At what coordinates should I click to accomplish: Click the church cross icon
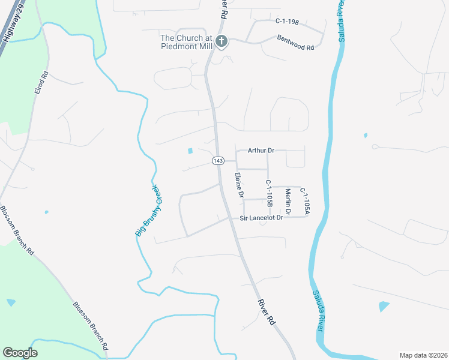point(221,41)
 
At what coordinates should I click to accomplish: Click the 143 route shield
point(218,161)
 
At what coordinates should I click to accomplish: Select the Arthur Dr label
point(261,151)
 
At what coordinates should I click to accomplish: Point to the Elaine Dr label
point(239,185)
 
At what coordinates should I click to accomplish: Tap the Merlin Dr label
point(288,202)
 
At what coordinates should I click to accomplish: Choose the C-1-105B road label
point(269,194)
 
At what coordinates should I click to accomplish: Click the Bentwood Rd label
point(296,42)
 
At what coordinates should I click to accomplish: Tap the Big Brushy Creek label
point(148,210)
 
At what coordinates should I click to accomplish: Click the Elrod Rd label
point(40,83)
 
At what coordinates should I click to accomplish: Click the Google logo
point(20,353)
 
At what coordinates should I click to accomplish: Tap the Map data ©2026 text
point(423,355)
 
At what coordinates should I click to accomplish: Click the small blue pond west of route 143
point(191,151)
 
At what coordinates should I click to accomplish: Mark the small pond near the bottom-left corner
point(11,302)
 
